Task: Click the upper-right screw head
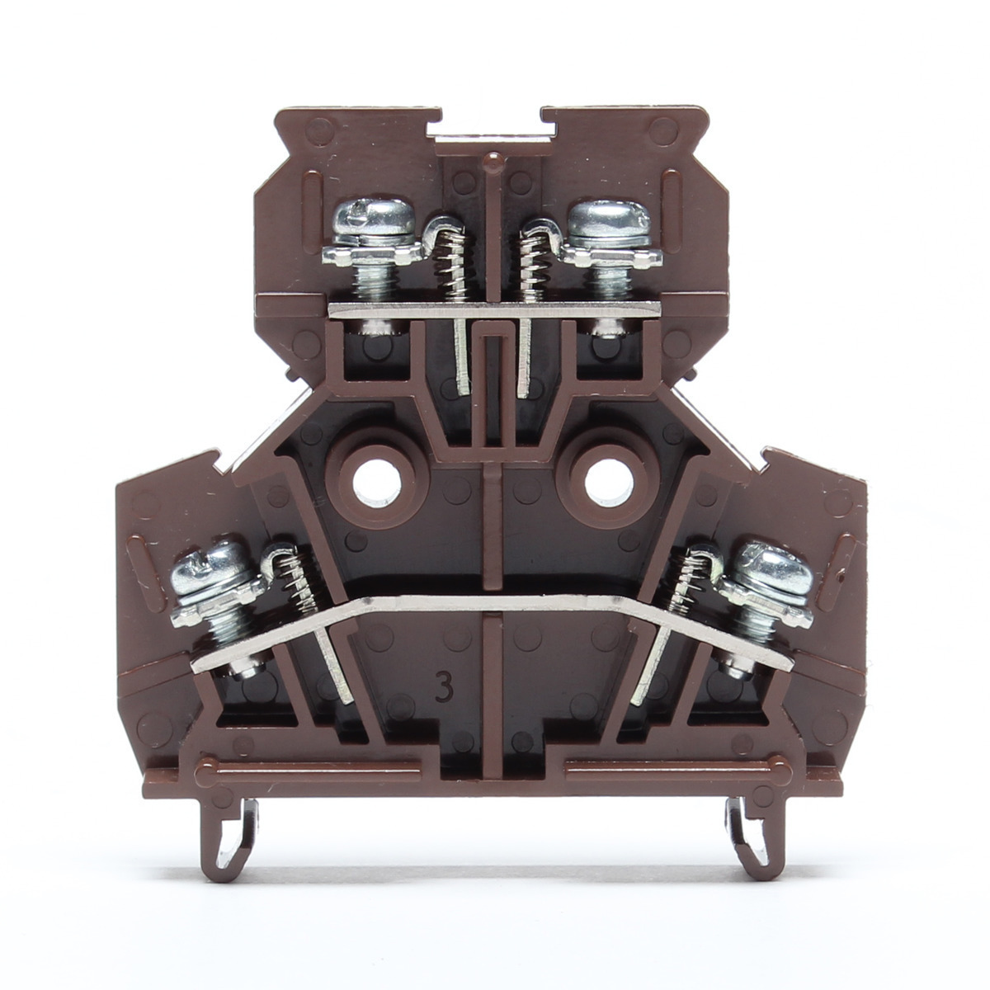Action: (610, 224)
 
